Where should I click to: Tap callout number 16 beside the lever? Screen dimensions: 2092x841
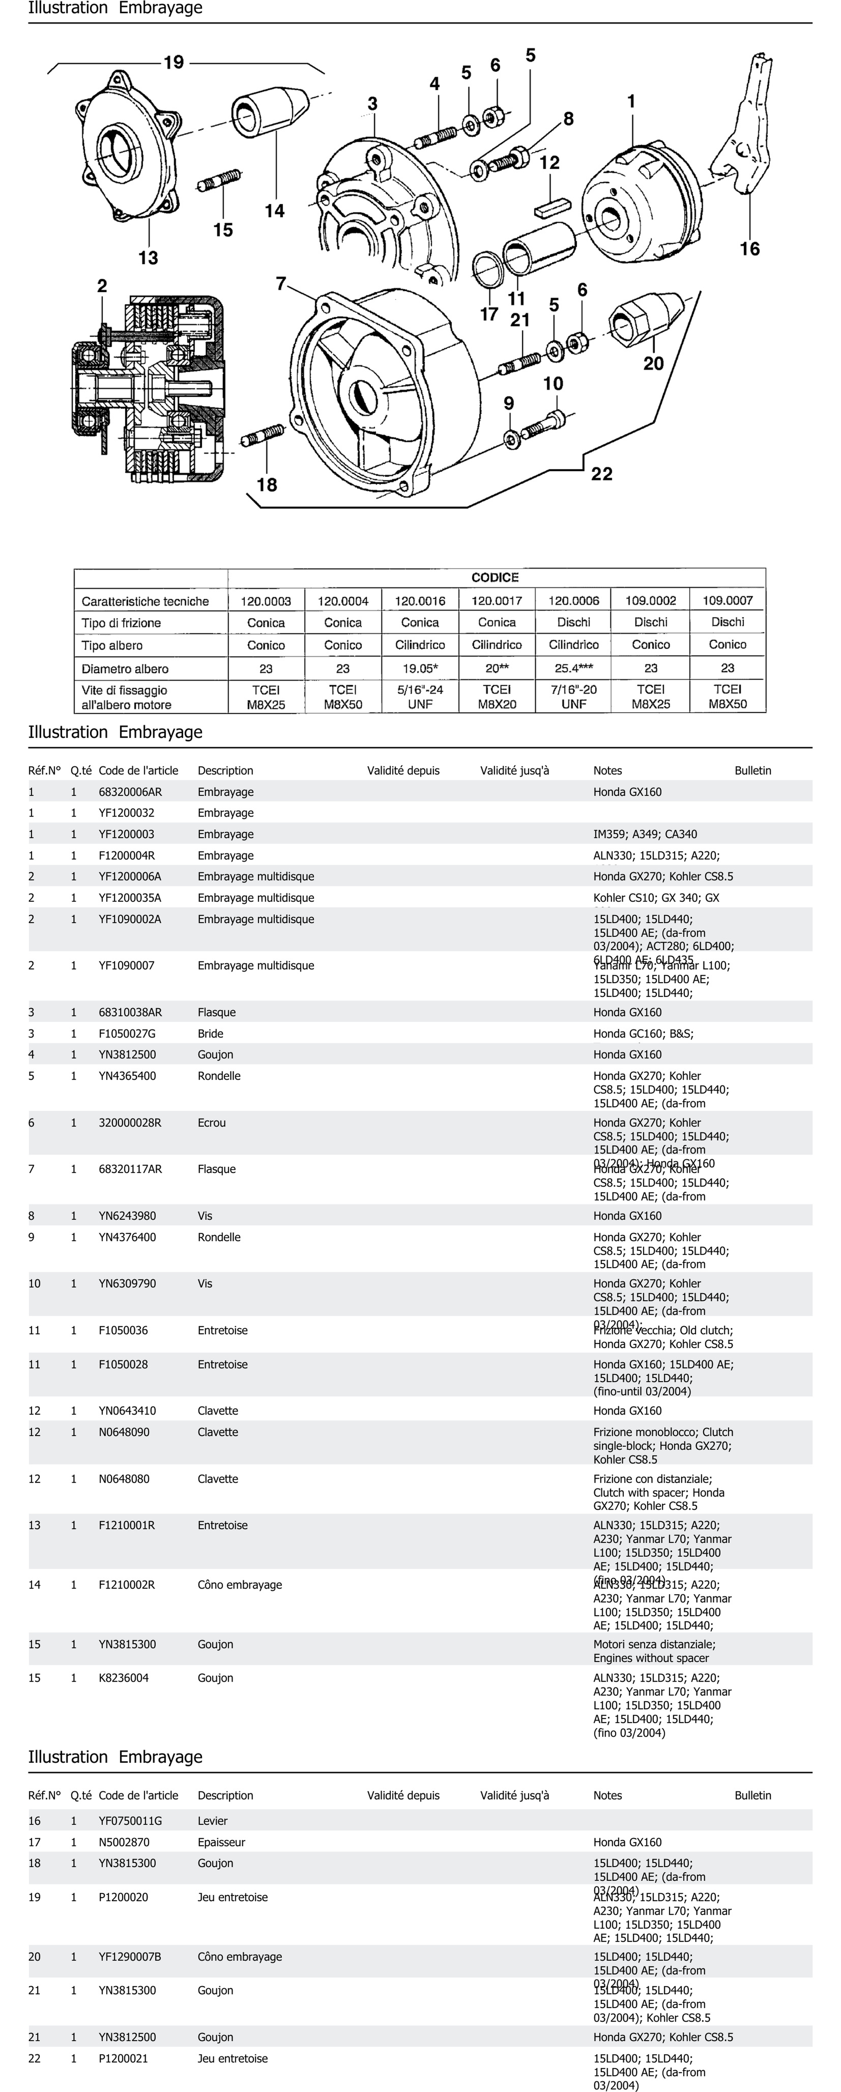click(749, 249)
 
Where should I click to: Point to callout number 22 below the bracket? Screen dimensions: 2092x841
click(602, 474)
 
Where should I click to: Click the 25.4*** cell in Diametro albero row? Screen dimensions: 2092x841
click(574, 668)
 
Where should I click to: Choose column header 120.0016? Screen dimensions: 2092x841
click(420, 601)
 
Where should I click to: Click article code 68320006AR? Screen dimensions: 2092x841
click(130, 792)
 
